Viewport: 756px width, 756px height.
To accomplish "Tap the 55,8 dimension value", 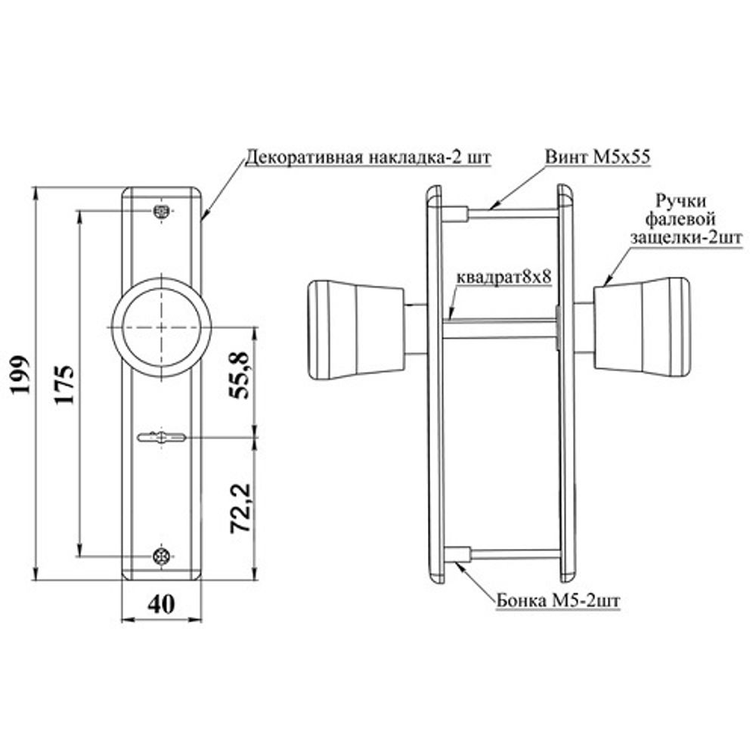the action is coord(240,376).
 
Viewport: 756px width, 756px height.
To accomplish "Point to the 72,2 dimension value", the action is coord(240,508).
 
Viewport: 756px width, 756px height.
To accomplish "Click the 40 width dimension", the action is coord(161,604).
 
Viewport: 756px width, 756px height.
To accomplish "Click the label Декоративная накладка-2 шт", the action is coord(368,158).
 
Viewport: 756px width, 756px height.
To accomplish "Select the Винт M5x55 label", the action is coord(598,156).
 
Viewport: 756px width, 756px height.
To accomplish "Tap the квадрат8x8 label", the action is coord(503,277).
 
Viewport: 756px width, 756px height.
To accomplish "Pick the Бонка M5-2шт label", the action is coord(559,601).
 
